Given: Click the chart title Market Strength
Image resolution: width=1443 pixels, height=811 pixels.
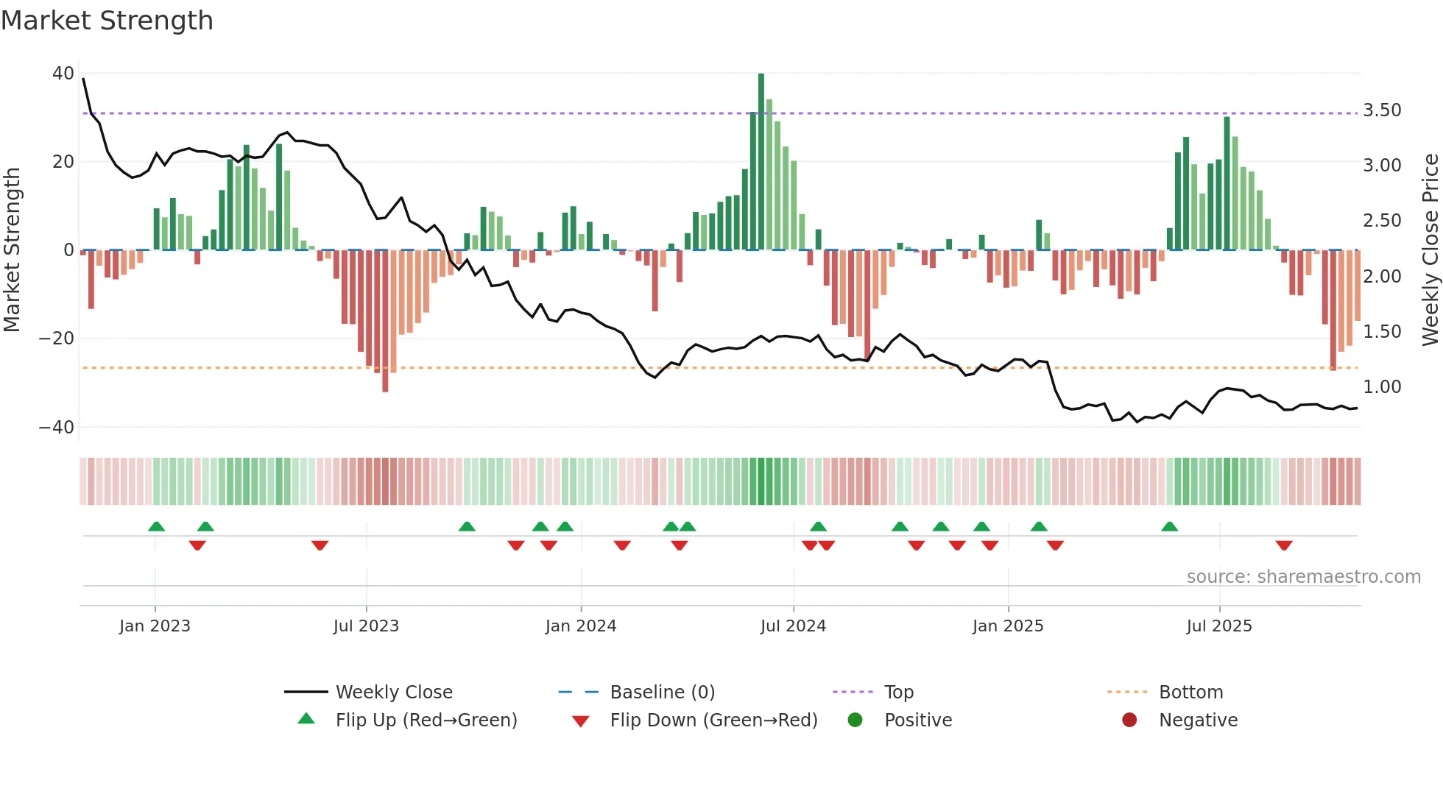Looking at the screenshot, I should click(x=107, y=21).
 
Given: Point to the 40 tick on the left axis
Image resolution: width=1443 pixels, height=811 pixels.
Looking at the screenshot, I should click(x=63, y=74).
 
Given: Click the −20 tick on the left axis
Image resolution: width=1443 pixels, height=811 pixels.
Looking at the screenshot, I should click(x=57, y=339).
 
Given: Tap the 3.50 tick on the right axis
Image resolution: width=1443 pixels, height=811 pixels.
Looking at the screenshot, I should click(x=1382, y=110).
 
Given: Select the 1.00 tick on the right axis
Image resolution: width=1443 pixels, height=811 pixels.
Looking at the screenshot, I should click(x=1382, y=387).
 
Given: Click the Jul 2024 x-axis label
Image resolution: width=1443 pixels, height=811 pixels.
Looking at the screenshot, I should click(x=793, y=626).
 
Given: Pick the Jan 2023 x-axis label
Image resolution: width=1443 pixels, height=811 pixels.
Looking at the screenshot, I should click(x=155, y=626).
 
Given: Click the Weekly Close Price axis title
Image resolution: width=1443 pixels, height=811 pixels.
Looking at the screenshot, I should click(x=1430, y=250).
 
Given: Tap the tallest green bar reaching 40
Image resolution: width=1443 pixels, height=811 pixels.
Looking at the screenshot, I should click(x=761, y=162).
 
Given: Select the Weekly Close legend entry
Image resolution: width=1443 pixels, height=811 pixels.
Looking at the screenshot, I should click(x=394, y=693).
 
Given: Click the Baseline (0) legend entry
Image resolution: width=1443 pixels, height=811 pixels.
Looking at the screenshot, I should click(x=662, y=693).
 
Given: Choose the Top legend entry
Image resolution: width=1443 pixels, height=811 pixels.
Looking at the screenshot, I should click(x=898, y=693).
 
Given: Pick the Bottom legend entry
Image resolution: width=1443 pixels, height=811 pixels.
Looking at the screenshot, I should click(x=1190, y=693).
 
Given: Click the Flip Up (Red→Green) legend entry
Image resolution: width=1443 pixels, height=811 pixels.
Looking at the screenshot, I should click(x=426, y=720).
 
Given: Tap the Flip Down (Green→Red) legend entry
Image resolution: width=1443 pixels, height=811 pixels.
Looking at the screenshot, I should click(x=713, y=720).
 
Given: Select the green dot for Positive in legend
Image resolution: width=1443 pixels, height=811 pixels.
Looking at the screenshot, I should click(x=855, y=720).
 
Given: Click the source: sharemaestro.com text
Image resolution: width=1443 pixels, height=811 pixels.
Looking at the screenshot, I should click(x=1303, y=577).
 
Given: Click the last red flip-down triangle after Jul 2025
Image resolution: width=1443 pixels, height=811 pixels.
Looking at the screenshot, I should click(x=1284, y=545).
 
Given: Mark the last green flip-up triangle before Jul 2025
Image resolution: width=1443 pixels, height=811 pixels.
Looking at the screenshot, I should click(x=1169, y=526).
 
